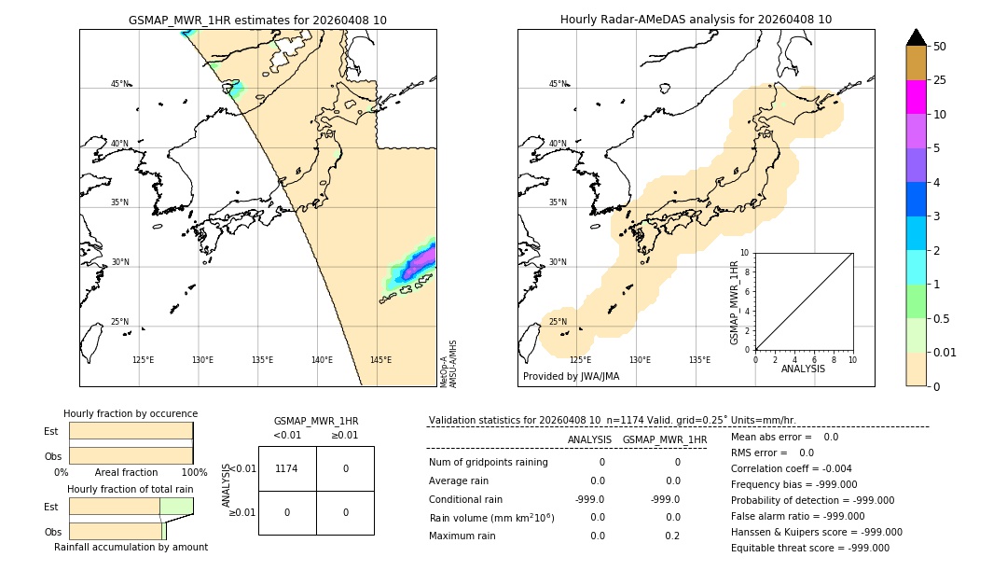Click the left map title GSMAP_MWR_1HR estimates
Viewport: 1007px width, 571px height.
pos(257,20)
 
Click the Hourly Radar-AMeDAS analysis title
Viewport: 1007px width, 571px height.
pos(696,20)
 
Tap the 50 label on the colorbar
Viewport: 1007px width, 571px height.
pos(940,47)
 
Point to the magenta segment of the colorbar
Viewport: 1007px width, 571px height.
pos(916,97)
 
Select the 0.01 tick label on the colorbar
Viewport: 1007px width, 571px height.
pos(945,352)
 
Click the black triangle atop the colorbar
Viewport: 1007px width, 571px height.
pos(916,37)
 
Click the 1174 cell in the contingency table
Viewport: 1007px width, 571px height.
pos(286,468)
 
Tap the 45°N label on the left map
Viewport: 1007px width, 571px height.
pos(119,84)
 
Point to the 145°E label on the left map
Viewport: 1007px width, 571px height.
pos(380,360)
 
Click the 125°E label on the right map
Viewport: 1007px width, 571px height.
pos(580,360)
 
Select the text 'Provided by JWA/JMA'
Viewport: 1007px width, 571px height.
pos(571,377)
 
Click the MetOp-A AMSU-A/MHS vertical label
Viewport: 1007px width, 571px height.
pos(448,364)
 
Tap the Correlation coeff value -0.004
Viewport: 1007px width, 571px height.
pos(832,469)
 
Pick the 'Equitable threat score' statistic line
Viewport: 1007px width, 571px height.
pos(809,548)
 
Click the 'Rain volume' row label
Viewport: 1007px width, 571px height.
pos(491,518)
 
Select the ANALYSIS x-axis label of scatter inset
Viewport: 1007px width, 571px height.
pos(803,369)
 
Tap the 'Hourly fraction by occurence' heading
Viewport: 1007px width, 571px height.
pos(131,413)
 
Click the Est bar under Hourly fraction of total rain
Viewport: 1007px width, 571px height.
pos(131,506)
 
